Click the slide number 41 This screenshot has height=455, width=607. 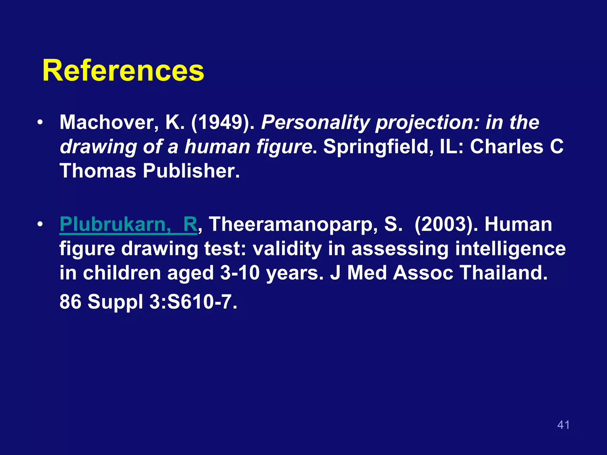point(563,425)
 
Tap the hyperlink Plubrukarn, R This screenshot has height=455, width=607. point(128,225)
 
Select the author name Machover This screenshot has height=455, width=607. point(106,123)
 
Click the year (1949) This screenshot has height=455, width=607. point(223,123)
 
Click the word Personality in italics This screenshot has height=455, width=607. point(315,123)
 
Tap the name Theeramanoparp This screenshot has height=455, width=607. point(293,225)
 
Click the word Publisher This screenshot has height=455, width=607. point(191,171)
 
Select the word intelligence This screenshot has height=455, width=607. point(510,249)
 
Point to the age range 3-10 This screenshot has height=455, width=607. point(240,273)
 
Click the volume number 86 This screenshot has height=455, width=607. point(70,302)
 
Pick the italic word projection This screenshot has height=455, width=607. point(427,123)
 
